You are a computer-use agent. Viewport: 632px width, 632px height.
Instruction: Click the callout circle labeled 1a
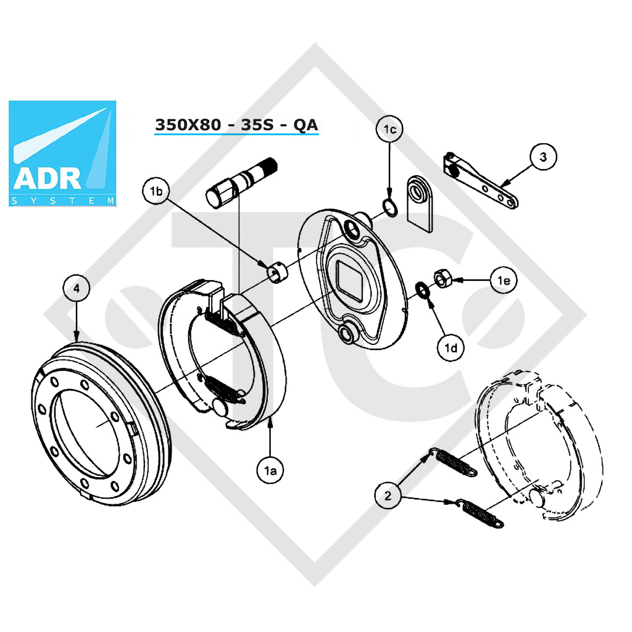click(270, 470)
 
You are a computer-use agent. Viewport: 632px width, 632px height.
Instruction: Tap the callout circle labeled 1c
click(389, 130)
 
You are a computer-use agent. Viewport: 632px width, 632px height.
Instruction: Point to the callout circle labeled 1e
click(503, 281)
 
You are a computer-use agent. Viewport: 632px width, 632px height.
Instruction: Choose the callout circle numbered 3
click(543, 157)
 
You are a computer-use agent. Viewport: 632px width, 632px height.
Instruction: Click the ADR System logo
click(63, 153)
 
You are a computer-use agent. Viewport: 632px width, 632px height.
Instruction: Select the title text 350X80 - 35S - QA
click(236, 125)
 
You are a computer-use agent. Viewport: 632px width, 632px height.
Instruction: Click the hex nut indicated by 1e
click(443, 278)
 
